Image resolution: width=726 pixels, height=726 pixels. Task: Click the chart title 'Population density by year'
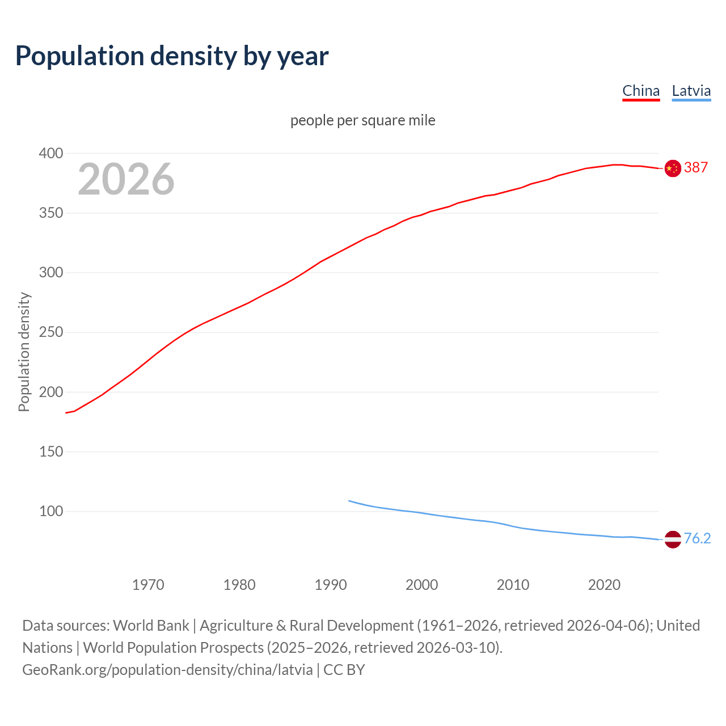(172, 56)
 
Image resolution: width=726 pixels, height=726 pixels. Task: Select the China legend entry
(641, 91)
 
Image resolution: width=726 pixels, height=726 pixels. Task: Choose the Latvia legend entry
(691, 91)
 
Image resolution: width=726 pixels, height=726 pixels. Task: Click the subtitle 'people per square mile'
(362, 120)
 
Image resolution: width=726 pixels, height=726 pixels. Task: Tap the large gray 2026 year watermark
(126, 179)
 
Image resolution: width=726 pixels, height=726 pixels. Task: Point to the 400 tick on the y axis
(50, 153)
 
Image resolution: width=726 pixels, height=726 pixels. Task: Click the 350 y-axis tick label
(50, 213)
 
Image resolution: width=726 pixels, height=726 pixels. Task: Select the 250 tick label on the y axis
(50, 332)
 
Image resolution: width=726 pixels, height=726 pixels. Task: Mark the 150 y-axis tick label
(50, 451)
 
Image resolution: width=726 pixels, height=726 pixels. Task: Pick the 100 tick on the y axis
(50, 511)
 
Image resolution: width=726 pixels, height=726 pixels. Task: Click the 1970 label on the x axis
(148, 585)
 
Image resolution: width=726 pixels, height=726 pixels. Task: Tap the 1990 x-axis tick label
(331, 585)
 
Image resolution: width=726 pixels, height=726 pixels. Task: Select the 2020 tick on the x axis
(604, 585)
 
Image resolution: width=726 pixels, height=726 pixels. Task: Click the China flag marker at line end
(673, 168)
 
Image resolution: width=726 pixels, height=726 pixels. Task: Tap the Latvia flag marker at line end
(673, 539)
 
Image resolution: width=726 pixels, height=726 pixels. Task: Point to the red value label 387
(696, 167)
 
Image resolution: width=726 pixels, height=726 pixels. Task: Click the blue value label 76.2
(697, 538)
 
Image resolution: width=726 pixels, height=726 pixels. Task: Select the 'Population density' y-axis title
(24, 352)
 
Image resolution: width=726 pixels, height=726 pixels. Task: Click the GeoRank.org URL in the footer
(167, 670)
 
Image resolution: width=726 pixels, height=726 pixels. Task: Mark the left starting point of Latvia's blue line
(349, 501)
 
